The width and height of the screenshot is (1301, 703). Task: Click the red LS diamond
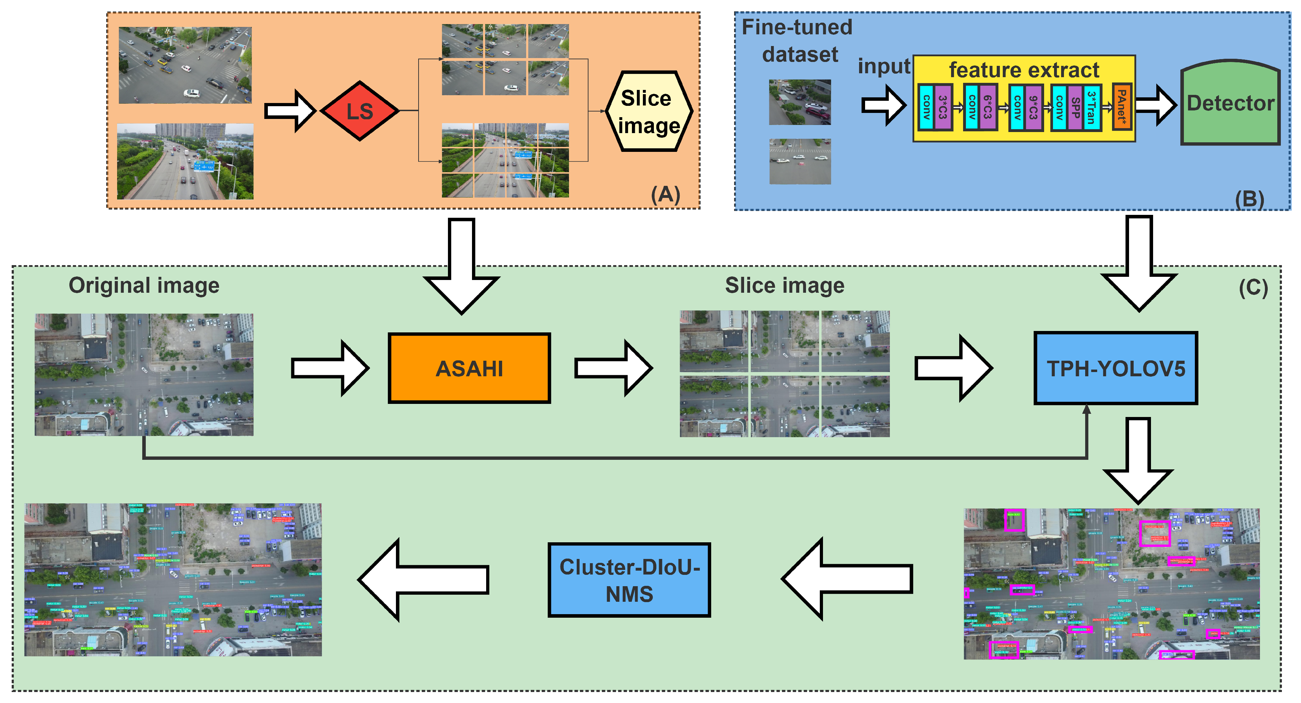coord(359,111)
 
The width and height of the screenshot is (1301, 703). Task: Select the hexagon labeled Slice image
coord(649,111)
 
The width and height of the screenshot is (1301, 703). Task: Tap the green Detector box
coord(1230,104)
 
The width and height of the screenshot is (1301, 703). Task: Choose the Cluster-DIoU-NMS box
coord(629,580)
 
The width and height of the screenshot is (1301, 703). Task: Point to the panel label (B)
coord(1249,199)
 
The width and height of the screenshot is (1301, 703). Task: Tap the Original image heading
coord(144,286)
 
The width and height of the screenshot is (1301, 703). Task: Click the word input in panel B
coord(884,66)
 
